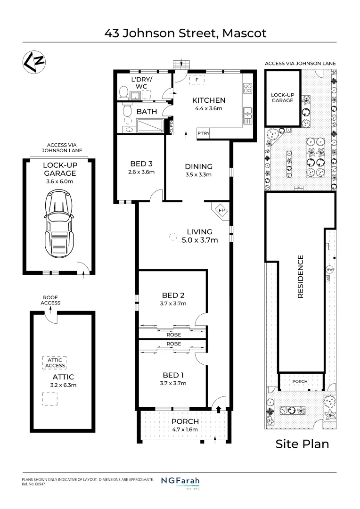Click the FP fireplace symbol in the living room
(221, 210)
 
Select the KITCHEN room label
(208, 100)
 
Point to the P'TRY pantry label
(203, 134)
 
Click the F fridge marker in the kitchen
(196, 80)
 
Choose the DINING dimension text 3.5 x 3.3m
(198, 174)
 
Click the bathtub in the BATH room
(150, 126)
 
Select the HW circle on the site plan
(329, 270)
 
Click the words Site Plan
(302, 444)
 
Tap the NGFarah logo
(180, 482)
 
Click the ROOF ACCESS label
(50, 300)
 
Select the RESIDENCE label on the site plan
(300, 277)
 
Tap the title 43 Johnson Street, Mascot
(180, 33)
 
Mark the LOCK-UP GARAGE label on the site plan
(282, 98)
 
